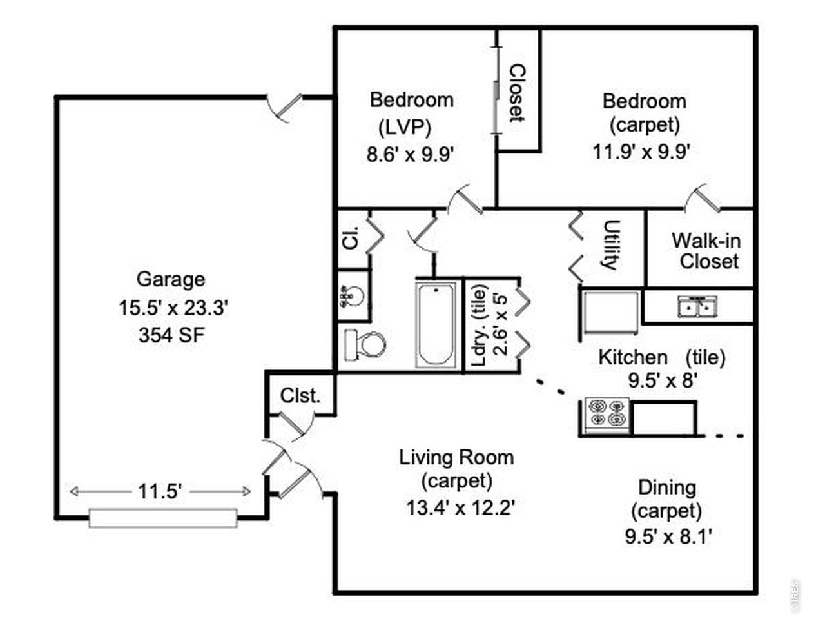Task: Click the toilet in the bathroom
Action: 365,345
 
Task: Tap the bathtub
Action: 436,325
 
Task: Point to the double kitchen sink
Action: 697,307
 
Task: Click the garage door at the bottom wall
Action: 163,518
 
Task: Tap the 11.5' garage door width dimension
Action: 160,491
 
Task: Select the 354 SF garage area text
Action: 171,335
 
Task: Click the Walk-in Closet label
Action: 706,251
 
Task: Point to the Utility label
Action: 611,244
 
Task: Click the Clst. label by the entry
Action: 300,395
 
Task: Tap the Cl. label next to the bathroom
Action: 351,237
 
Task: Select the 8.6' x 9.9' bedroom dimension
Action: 411,154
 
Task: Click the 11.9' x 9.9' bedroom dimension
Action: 641,152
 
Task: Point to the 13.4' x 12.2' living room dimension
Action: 460,507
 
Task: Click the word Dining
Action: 667,487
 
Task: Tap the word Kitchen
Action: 633,357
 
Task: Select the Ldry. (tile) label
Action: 480,325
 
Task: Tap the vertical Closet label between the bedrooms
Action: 517,93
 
